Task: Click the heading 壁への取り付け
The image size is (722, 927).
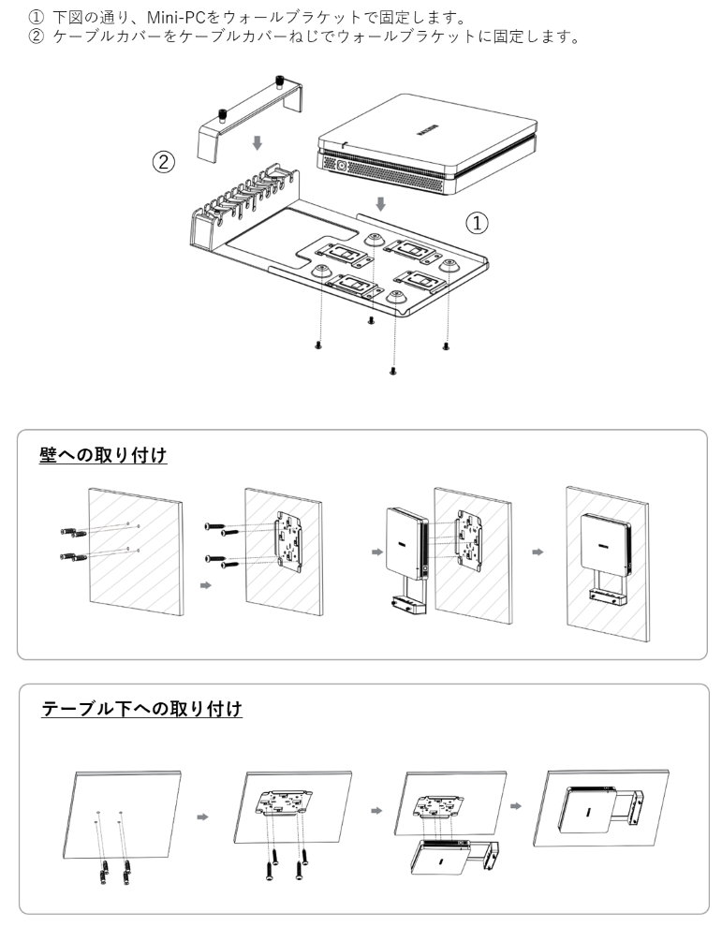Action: pyautogui.click(x=103, y=455)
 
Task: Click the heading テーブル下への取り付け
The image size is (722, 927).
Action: pyautogui.click(x=142, y=708)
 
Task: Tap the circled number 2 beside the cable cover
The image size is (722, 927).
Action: pyautogui.click(x=164, y=162)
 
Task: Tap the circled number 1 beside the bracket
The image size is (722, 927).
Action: pyautogui.click(x=478, y=223)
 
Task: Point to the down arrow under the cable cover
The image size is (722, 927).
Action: pyautogui.click(x=257, y=142)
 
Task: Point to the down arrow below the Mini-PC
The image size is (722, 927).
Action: pyautogui.click(x=381, y=204)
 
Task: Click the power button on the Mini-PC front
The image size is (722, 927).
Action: pyautogui.click(x=341, y=166)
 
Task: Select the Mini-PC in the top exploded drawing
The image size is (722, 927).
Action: pyautogui.click(x=428, y=143)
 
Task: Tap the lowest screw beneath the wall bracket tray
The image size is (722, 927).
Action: pyautogui.click(x=392, y=371)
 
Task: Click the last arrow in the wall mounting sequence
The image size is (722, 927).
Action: pyautogui.click(x=538, y=552)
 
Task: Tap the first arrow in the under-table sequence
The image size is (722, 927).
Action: pyautogui.click(x=203, y=817)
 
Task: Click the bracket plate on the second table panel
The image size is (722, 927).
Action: pyautogui.click(x=283, y=802)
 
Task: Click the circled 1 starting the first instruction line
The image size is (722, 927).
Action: pyautogui.click(x=37, y=17)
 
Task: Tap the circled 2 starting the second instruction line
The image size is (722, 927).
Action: pyautogui.click(x=37, y=37)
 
